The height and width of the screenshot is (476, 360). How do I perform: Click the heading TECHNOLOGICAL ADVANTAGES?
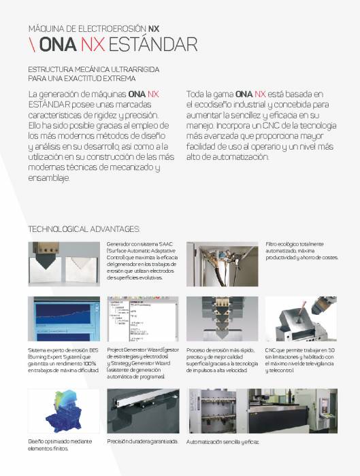84,228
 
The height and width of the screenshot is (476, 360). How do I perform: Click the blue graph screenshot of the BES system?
63,319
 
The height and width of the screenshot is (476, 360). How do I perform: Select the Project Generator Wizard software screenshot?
143,319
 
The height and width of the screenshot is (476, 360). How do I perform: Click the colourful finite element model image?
63,411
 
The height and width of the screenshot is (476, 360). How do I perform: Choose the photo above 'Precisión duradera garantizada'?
143,411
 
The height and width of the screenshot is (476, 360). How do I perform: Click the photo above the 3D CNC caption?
301,319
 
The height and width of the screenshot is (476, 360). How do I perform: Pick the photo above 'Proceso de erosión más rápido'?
223,319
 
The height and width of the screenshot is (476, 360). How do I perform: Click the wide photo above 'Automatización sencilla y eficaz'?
261,411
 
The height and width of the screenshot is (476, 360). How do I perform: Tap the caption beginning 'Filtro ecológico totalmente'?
295,243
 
